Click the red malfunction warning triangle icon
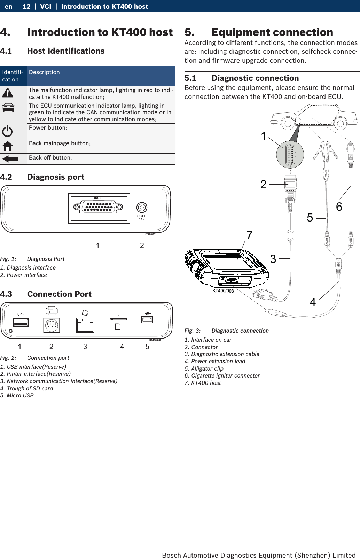[8, 93]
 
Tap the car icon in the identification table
[8, 108]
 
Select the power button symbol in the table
[7, 131]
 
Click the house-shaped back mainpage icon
[8, 146]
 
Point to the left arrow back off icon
[10, 159]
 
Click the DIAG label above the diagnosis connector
[97, 198]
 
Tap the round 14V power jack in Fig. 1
[142, 208]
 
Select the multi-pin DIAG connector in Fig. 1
[98, 207]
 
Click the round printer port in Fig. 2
[52, 325]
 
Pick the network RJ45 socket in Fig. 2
[85, 325]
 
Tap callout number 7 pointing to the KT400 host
[249, 236]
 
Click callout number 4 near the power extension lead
[313, 302]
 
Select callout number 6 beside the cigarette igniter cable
[339, 207]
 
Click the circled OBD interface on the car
[290, 154]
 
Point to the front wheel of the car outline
[288, 123]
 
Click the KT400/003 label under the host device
[223, 291]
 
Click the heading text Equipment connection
[272, 32]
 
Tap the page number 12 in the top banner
[26, 6]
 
